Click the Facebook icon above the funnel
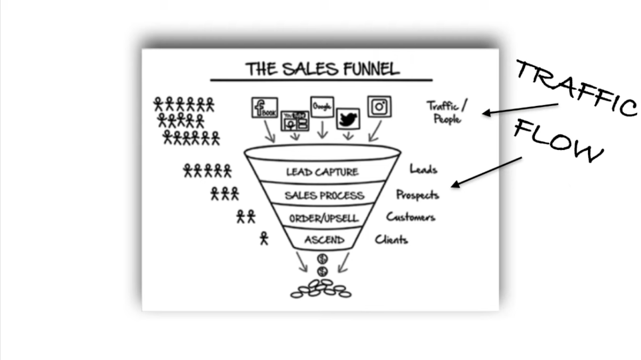coord(264,107)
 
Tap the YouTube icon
coord(295,121)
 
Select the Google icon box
coord(322,107)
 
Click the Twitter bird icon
coord(348,119)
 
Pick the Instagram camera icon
coord(379,107)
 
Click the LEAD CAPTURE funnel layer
coord(322,172)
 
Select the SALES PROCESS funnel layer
coord(324,195)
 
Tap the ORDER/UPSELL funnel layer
coord(324,218)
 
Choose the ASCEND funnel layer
coord(324,239)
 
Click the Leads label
coord(423,169)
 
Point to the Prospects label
coord(417,195)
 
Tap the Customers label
coord(410,217)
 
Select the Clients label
coord(391,239)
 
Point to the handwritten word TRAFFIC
coord(576,88)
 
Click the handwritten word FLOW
coord(558,140)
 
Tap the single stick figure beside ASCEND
coord(264,238)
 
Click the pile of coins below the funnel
coord(321,289)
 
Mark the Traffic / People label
coord(446,112)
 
